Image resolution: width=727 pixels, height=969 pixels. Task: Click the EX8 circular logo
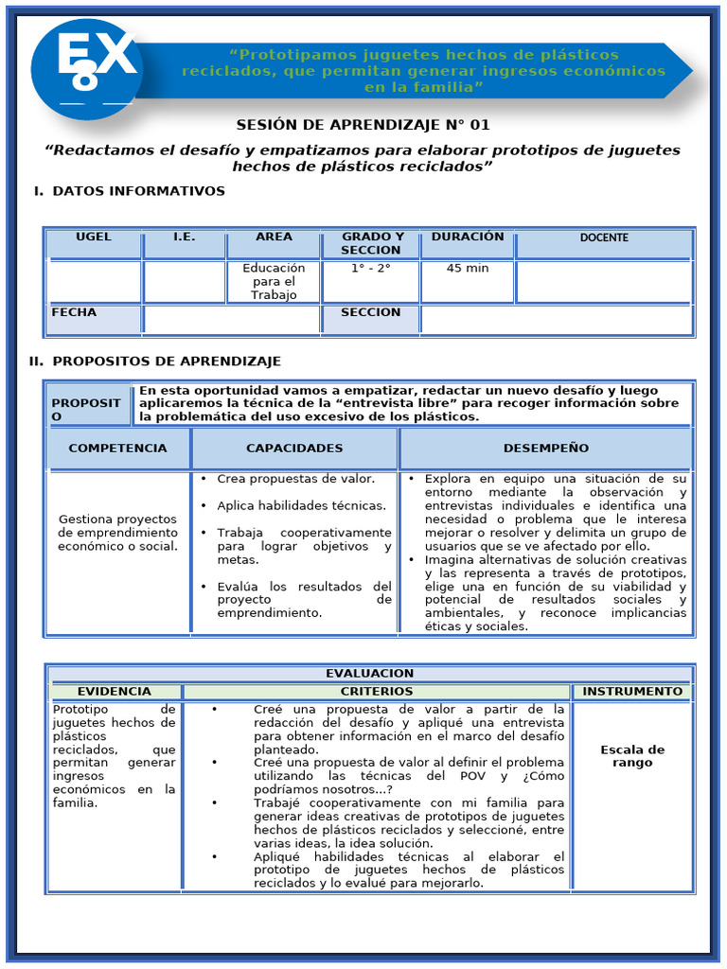(86, 69)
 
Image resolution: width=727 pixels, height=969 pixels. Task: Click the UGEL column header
(94, 238)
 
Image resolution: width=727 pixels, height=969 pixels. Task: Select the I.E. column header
(185, 238)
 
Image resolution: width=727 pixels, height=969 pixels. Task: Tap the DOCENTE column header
(604, 238)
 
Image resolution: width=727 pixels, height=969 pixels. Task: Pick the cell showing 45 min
(468, 269)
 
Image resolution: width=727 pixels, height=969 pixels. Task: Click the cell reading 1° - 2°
(371, 269)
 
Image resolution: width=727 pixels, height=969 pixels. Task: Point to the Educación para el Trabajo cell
(274, 281)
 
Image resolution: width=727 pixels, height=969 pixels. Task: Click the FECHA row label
(75, 313)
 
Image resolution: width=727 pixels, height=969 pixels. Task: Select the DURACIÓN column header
(468, 238)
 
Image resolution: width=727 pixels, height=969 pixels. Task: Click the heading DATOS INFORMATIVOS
(138, 192)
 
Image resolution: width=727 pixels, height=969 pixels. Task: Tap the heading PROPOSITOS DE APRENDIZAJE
(167, 362)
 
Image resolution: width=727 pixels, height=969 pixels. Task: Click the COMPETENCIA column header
(117, 449)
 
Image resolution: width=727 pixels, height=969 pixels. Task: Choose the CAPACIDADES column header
(294, 449)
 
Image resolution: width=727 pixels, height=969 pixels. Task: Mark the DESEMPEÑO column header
(546, 449)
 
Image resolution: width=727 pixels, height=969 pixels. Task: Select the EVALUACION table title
(370, 674)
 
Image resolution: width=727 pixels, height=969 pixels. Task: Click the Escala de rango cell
(632, 756)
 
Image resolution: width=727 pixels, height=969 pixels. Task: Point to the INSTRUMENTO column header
(632, 692)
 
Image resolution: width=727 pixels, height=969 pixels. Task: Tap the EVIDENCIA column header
(115, 692)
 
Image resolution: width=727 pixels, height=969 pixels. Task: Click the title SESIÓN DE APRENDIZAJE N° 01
(363, 126)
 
